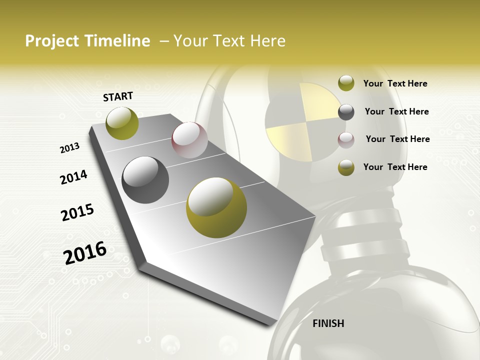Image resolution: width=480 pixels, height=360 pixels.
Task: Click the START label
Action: click(118, 96)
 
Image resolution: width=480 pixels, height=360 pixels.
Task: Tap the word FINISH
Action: click(328, 323)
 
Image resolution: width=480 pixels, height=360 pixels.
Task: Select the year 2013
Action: click(70, 147)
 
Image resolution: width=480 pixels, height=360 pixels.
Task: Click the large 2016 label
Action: click(85, 252)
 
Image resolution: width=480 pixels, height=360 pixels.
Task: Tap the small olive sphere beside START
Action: click(122, 123)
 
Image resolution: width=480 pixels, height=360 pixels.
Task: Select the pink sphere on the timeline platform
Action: click(189, 140)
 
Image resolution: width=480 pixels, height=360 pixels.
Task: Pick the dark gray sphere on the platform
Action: click(145, 180)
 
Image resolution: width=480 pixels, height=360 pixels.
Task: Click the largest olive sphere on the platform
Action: click(216, 207)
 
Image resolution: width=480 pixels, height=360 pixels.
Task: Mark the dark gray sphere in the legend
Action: click(346, 112)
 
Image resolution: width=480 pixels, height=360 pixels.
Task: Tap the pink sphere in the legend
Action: click(346, 139)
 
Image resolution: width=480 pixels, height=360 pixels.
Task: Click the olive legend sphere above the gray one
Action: click(346, 83)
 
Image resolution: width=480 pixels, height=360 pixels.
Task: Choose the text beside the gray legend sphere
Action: click(396, 111)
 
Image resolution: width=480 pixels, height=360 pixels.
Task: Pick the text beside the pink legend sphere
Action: click(397, 139)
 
